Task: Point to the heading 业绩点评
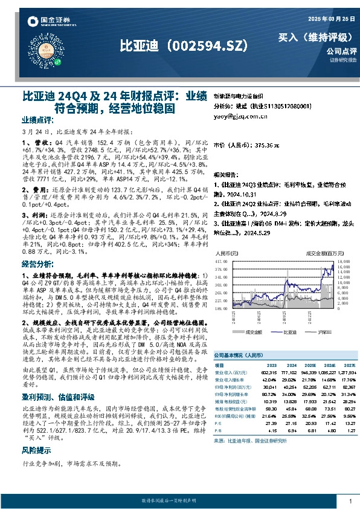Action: click(x=39, y=120)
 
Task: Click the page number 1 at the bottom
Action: click(x=350, y=501)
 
